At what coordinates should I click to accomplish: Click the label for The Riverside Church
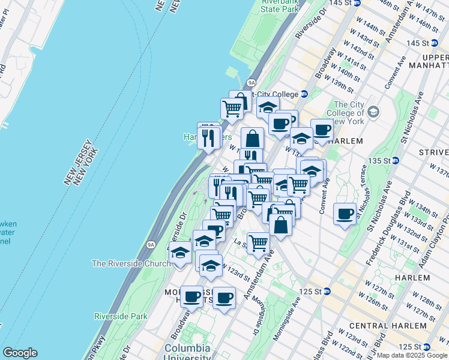(130, 263)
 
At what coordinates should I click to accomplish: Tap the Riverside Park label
(121, 316)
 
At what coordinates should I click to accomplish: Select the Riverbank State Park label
(279, 6)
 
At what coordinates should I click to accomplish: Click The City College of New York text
(345, 113)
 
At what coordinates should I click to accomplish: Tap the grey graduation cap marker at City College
(373, 112)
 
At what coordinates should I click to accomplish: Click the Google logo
(20, 353)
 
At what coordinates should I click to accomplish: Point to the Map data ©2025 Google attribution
(412, 355)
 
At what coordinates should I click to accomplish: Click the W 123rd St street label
(235, 271)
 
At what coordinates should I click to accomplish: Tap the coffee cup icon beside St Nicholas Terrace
(345, 214)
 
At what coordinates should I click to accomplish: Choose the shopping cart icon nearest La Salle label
(258, 243)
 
